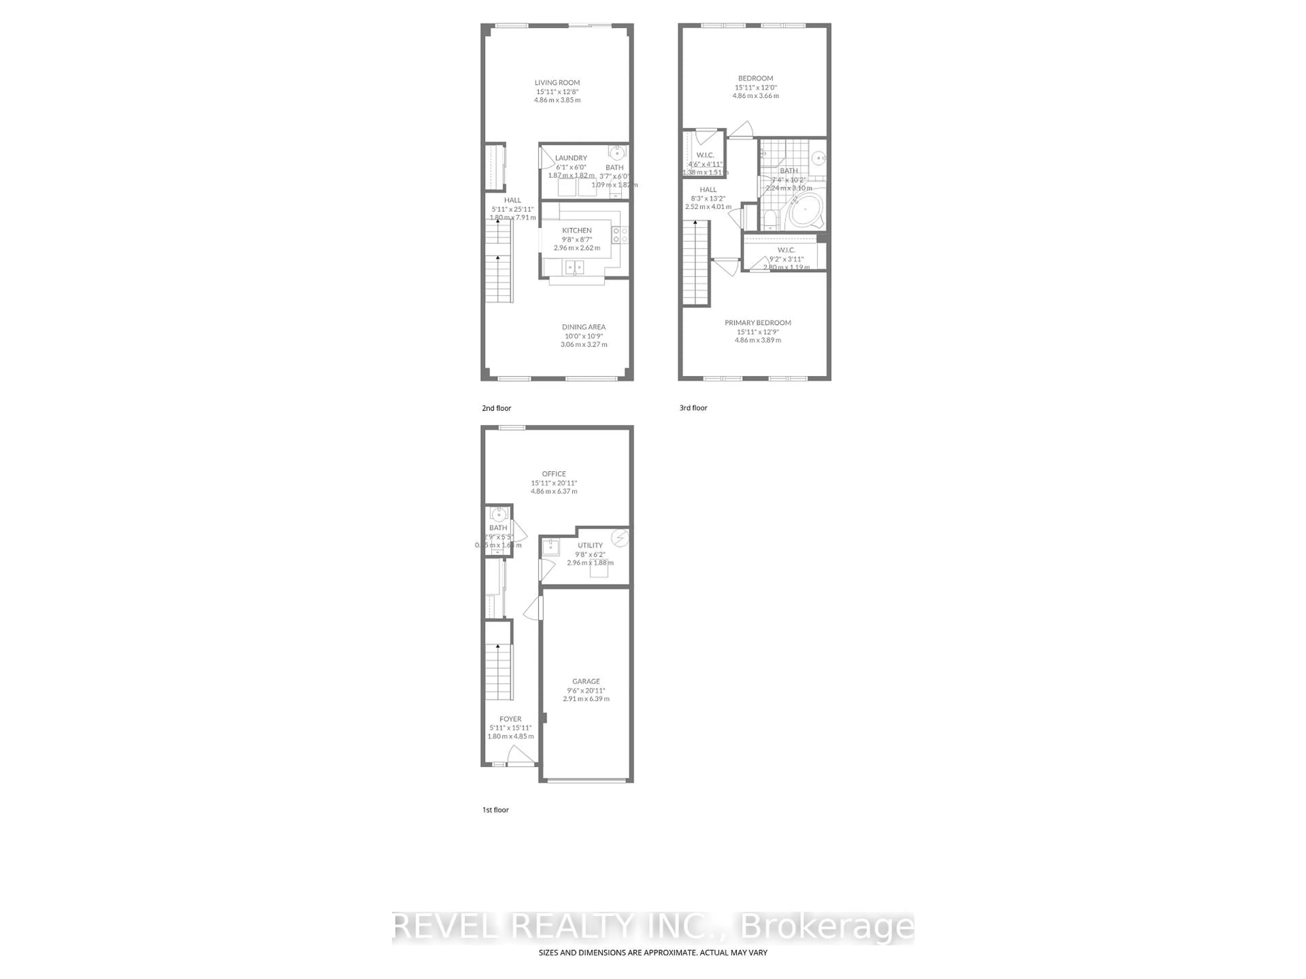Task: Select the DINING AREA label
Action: (583, 327)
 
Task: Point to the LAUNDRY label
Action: (571, 158)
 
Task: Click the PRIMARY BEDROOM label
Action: (757, 323)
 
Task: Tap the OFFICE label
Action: (554, 474)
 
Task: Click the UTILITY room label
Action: (590, 545)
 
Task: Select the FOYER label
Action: (510, 719)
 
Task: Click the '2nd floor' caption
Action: (497, 408)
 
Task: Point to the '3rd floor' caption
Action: (693, 408)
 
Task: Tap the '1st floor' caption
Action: (495, 810)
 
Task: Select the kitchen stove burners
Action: (620, 235)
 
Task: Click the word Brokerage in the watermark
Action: (826, 927)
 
